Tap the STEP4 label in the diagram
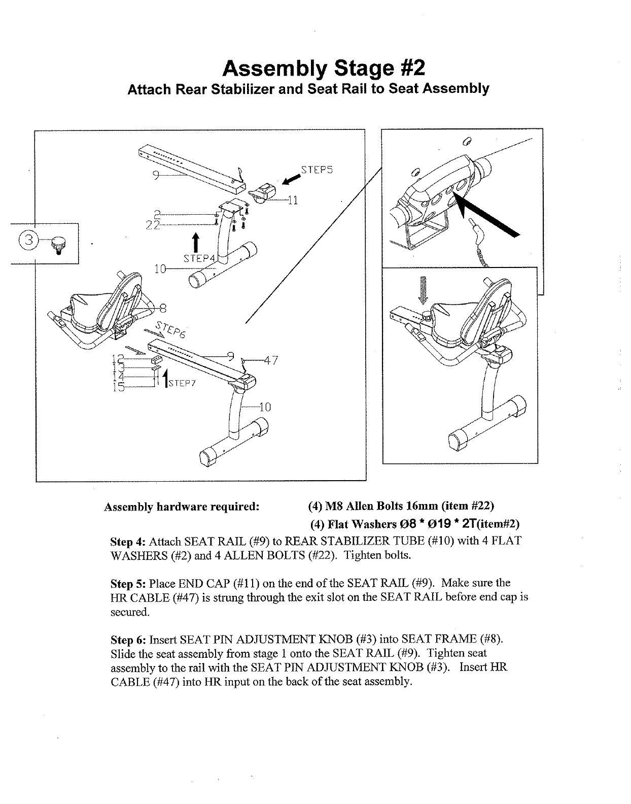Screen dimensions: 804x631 [x=199, y=258]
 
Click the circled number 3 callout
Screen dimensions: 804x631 [x=28, y=240]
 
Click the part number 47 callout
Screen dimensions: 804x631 [x=271, y=361]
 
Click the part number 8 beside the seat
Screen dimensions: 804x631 [x=162, y=308]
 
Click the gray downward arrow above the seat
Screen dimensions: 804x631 [x=423, y=292]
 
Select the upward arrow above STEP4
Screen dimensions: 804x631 [x=196, y=242]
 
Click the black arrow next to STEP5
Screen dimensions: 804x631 [x=291, y=178]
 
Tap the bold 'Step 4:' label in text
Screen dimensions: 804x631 [x=128, y=541]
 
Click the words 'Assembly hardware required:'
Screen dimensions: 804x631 [x=182, y=507]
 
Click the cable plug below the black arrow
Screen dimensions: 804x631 [x=476, y=234]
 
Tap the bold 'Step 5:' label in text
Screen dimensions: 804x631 [x=128, y=583]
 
